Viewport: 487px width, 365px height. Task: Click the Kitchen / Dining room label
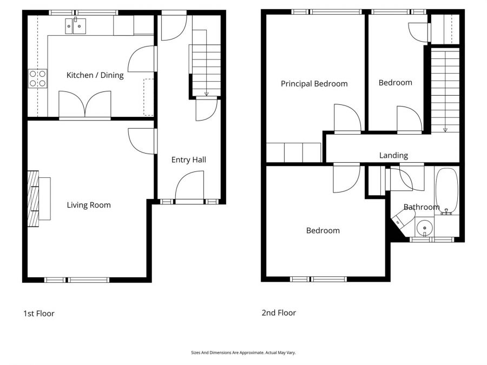[x=95, y=75]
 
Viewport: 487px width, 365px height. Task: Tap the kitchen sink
[x=75, y=25]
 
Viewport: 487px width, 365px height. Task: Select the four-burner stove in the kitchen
[x=37, y=78]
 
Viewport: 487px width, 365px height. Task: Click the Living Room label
[x=89, y=205]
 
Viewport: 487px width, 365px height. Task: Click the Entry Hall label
[x=188, y=160]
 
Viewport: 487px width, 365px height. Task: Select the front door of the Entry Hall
[x=189, y=187]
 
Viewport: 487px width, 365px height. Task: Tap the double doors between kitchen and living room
[x=85, y=104]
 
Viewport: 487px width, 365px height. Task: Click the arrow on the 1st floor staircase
[x=206, y=94]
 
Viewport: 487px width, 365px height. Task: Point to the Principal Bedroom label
[x=314, y=84]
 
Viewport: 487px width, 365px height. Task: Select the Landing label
[x=393, y=155]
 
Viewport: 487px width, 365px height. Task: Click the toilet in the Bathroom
[x=403, y=218]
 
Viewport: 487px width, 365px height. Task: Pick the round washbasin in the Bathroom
[x=425, y=228]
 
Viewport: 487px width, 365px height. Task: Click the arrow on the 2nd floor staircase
[x=445, y=129]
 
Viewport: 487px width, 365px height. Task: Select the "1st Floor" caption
[x=38, y=314]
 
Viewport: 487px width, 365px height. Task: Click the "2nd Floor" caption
[x=279, y=313]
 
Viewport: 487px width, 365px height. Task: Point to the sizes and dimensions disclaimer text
[x=243, y=353]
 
